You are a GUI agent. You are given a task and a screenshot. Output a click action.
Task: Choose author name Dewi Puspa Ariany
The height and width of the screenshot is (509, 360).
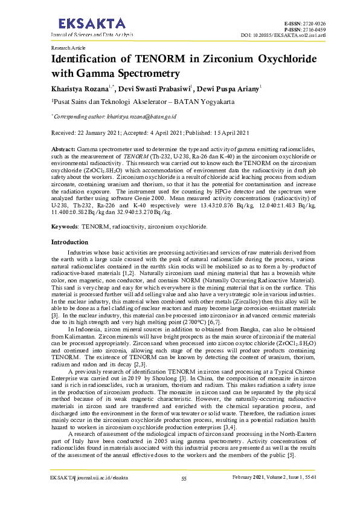(x=228, y=89)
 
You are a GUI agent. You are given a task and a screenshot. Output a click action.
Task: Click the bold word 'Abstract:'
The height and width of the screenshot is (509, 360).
(x=63, y=148)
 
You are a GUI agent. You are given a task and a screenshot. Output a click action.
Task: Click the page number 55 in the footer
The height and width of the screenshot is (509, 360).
(x=184, y=496)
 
